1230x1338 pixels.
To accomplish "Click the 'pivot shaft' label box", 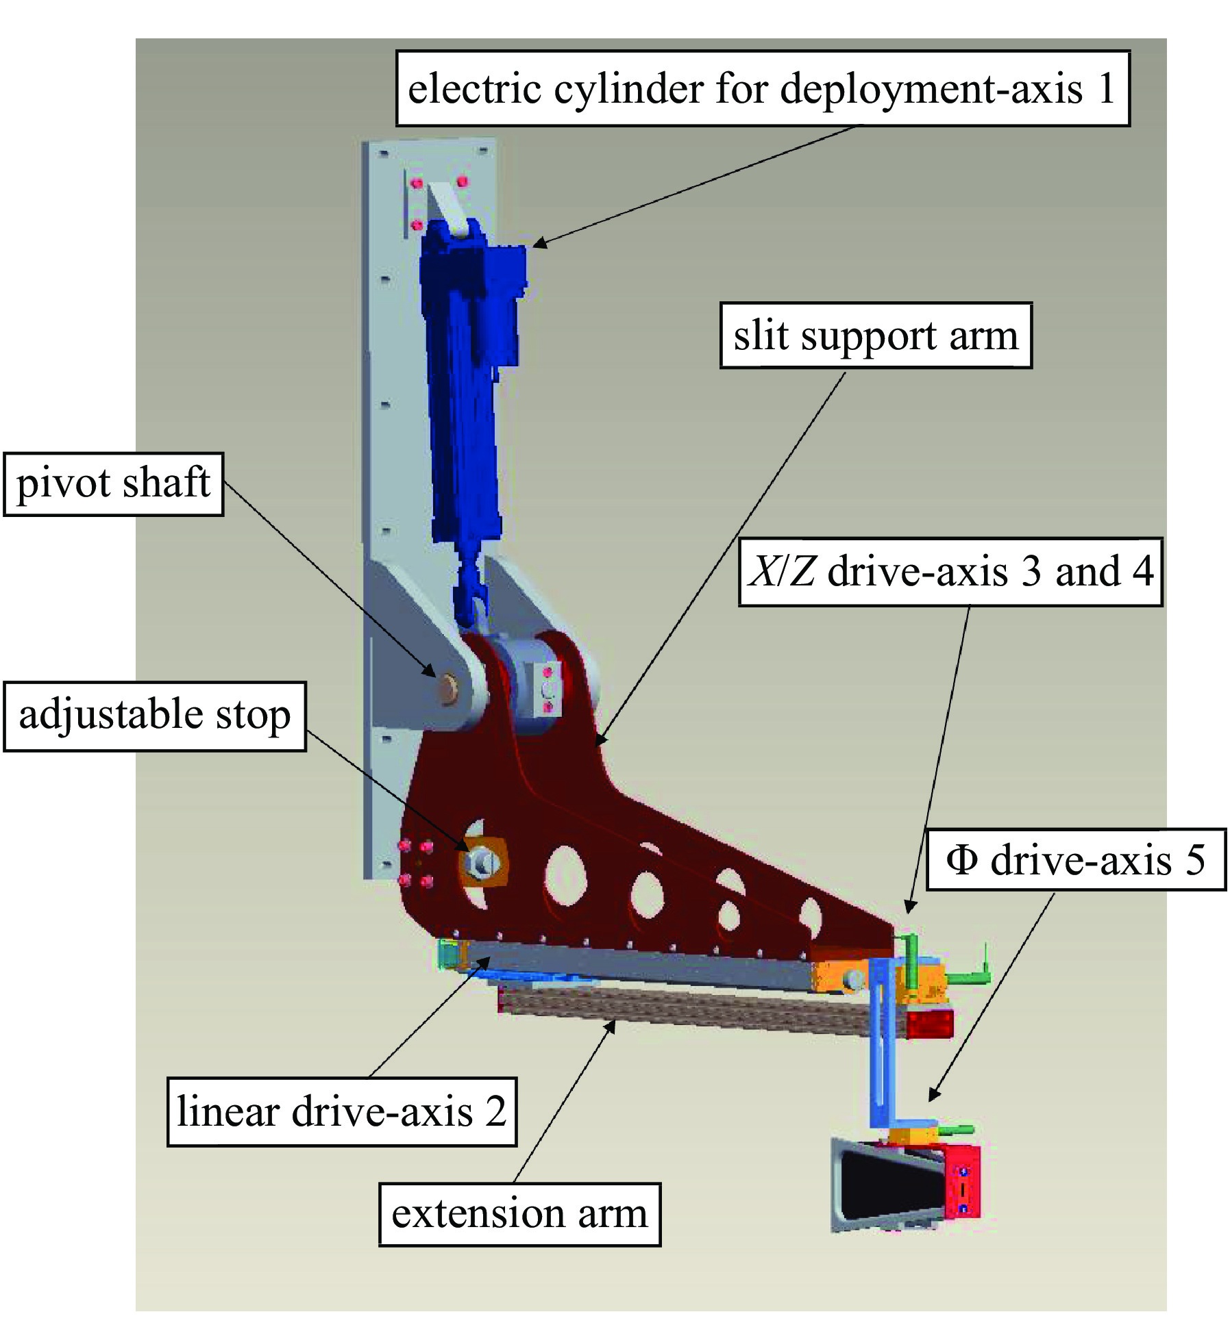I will [x=113, y=483].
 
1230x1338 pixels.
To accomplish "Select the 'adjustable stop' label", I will [x=154, y=716].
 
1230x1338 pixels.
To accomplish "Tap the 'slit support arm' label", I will [x=875, y=336].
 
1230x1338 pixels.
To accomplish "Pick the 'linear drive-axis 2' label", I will [x=341, y=1111].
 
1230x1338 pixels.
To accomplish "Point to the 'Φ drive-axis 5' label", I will [x=1075, y=859].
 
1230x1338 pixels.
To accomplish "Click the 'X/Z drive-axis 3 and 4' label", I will [x=950, y=572].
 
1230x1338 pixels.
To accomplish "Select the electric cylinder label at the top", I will [x=762, y=88].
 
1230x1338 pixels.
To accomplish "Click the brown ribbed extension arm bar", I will [x=685, y=1009].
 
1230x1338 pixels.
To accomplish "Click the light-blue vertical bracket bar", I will [x=879, y=1048].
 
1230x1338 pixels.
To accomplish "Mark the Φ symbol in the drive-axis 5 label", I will [x=961, y=859].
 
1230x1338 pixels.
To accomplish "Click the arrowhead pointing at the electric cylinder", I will [x=538, y=244].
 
